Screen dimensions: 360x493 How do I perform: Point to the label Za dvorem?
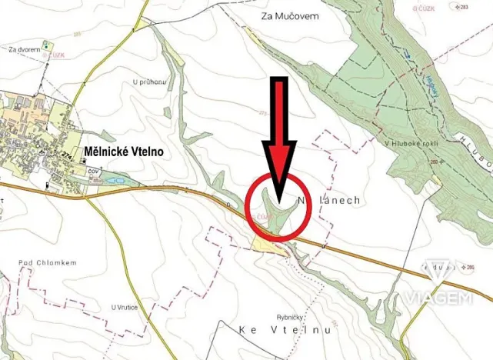[23, 49]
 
